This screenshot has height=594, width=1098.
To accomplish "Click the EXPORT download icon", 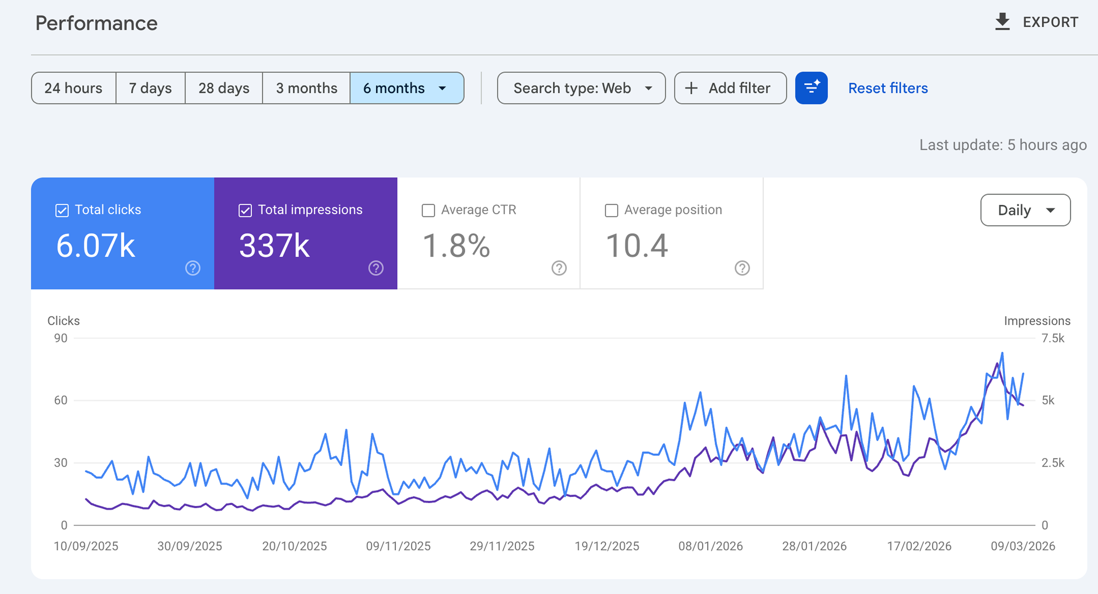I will [x=1002, y=21].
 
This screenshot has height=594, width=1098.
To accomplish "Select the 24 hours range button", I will [x=73, y=88].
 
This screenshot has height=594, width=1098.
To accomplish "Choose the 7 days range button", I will [x=150, y=88].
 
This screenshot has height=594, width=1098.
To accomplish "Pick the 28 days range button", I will [x=224, y=88].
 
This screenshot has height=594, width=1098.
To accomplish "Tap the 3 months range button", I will [x=306, y=88].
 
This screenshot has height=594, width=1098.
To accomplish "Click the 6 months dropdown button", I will [x=406, y=88].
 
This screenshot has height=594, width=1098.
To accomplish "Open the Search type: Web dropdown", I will [x=581, y=88].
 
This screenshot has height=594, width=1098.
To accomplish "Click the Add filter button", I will [x=730, y=88].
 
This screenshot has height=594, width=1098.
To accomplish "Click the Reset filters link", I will [x=888, y=88].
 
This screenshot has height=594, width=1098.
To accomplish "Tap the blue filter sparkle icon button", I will [x=811, y=88].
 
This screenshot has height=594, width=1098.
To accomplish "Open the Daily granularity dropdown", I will [x=1025, y=210].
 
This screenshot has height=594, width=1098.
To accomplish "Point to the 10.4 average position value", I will [x=637, y=246].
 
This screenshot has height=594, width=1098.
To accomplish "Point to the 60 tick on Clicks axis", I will [x=60, y=400].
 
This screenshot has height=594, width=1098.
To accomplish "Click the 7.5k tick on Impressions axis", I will [x=1053, y=338].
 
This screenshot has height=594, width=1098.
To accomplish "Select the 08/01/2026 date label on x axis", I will [x=710, y=546].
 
